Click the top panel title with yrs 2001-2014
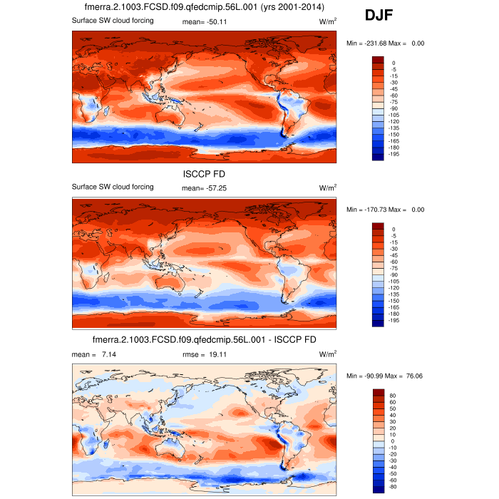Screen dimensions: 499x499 (205, 8)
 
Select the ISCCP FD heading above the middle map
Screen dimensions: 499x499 (205, 173)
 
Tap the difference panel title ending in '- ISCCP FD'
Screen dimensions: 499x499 (205, 339)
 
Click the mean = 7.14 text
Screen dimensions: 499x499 (88, 354)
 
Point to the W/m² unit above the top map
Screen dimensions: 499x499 (328, 22)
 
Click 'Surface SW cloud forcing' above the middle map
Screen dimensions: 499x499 (113, 187)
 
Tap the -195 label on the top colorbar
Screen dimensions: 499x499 (394, 154)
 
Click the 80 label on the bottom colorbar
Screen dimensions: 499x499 (393, 395)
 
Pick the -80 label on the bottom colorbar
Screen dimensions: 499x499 (393, 486)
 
